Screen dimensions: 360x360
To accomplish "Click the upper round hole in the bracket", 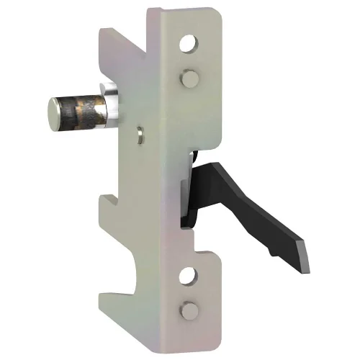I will tap(189, 45).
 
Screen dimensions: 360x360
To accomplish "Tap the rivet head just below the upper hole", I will tap(189, 75).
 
